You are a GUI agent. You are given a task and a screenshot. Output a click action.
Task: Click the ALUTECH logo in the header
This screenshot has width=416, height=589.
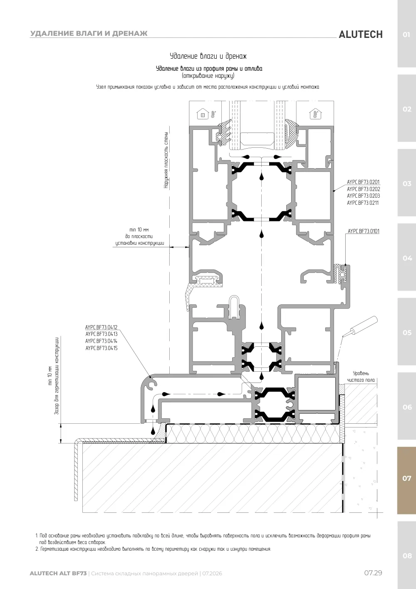[x=361, y=35]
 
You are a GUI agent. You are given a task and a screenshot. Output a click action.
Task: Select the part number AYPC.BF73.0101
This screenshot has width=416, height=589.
[x=364, y=231]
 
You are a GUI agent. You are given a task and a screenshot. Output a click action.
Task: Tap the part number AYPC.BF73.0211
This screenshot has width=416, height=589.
[x=363, y=203]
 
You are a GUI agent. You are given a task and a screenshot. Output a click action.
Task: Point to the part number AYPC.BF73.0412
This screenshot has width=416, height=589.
[x=101, y=327]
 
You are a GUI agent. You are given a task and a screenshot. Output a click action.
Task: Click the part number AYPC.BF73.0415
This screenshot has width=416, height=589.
[x=102, y=348]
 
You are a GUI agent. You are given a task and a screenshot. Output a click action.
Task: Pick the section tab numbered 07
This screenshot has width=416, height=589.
[x=406, y=478]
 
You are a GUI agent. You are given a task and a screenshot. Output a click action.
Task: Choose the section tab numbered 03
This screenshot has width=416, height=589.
[x=406, y=184]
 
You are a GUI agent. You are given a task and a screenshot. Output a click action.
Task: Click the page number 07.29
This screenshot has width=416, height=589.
[x=373, y=573]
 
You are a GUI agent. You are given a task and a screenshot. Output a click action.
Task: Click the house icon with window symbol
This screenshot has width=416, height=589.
[x=203, y=114]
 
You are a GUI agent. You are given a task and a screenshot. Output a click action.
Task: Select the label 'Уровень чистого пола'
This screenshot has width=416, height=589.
[x=361, y=377]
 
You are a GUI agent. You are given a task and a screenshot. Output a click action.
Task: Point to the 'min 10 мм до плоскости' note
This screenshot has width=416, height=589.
[x=139, y=236]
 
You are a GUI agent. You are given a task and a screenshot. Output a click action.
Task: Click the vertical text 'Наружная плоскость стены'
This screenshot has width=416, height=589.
[x=166, y=160]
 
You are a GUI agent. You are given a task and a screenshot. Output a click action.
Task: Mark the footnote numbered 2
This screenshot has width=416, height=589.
[x=153, y=549]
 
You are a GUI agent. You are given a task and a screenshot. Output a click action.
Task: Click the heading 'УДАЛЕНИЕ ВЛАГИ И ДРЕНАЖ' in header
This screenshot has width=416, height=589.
[x=89, y=33]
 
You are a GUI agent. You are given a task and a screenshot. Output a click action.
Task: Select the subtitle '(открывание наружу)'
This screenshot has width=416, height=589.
[x=208, y=76]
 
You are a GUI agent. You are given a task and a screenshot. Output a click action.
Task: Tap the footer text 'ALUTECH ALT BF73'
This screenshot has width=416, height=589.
[x=58, y=574]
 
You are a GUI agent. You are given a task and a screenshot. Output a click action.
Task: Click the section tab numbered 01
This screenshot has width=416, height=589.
[x=406, y=35]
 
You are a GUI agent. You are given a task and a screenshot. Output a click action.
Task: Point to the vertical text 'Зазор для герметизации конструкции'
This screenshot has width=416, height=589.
[x=57, y=376]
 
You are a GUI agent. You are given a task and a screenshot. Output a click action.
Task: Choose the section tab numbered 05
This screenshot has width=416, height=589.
[x=406, y=333]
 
